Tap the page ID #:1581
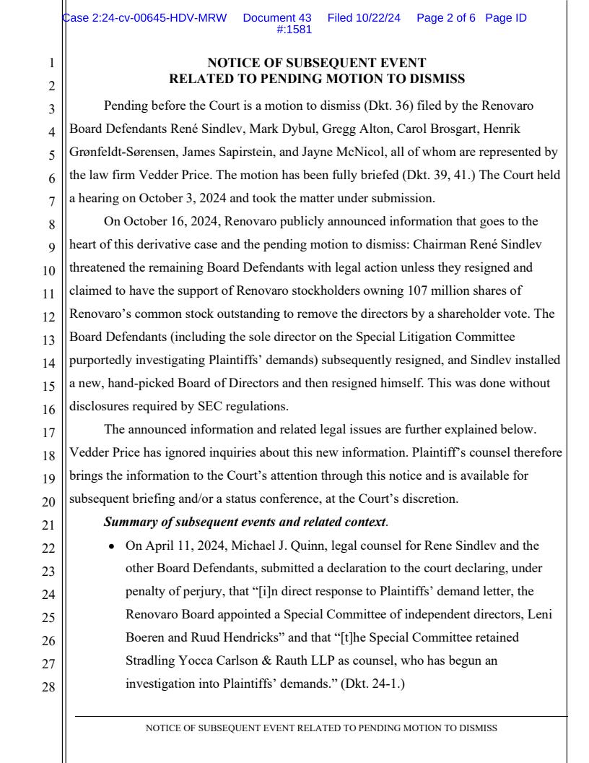(x=294, y=30)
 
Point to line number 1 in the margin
(x=51, y=64)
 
